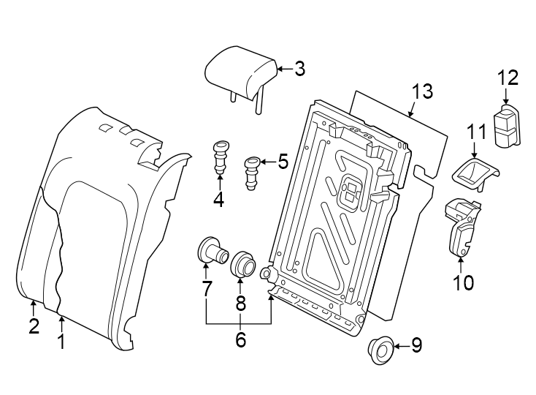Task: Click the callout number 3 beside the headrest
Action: [299, 69]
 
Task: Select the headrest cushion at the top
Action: [238, 72]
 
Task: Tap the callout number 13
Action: [421, 91]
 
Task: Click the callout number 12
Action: [508, 77]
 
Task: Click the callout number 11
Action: [476, 132]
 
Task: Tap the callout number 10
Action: [463, 282]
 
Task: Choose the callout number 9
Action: [416, 345]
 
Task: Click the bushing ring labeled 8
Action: [243, 265]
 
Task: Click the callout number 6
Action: [240, 339]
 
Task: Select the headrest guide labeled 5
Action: [252, 171]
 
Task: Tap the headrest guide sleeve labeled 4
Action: [219, 156]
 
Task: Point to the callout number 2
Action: [34, 326]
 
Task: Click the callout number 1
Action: [61, 341]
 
